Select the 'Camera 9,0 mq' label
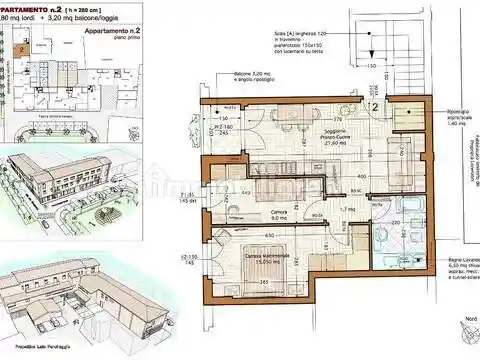point(281,216)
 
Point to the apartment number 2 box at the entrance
point(373,104)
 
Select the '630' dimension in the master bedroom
point(270,236)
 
